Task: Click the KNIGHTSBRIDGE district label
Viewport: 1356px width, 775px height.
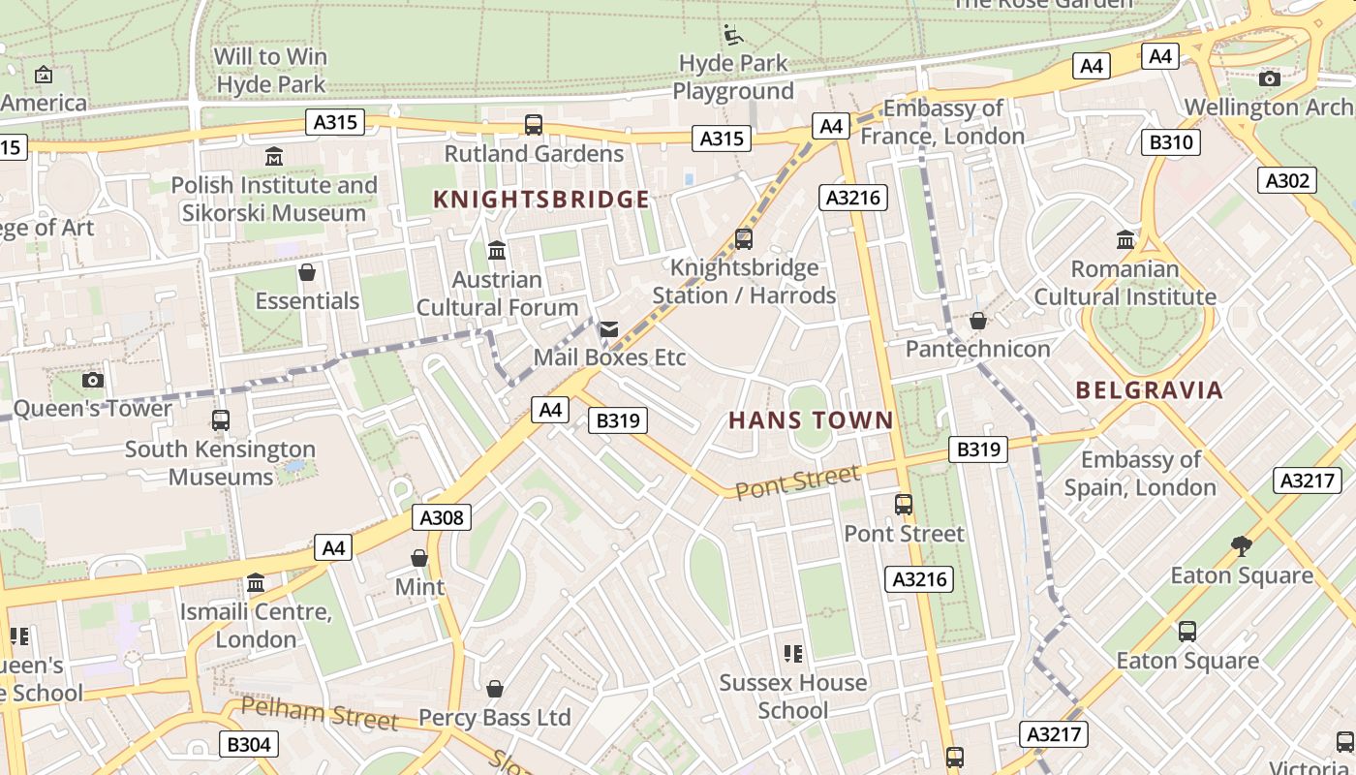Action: (540, 200)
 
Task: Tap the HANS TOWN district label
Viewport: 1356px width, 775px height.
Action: (810, 420)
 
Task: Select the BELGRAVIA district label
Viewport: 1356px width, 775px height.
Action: (1150, 390)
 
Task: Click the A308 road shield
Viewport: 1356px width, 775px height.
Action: (442, 517)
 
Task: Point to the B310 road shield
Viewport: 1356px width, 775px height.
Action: (1170, 143)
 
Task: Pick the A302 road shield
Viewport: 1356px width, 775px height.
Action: (1287, 180)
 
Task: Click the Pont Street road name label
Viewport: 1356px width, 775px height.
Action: (797, 481)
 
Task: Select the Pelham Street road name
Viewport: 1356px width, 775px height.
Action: (320, 714)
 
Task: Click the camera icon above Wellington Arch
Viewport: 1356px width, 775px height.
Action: (1269, 78)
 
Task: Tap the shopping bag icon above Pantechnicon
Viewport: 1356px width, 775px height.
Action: (978, 321)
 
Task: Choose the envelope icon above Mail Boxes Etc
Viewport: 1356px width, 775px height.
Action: (608, 329)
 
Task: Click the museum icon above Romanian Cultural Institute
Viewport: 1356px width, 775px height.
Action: (1125, 239)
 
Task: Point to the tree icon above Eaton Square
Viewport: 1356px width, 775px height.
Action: (1242, 546)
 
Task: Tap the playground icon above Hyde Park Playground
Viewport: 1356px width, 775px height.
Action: (733, 36)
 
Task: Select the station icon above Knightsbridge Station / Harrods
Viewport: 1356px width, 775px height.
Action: (743, 238)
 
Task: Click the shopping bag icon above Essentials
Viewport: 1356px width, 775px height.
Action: (307, 272)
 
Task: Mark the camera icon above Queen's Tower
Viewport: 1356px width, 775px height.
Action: (93, 380)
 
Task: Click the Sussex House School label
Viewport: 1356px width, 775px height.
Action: (792, 696)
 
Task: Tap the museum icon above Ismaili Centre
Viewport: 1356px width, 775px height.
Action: (256, 583)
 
